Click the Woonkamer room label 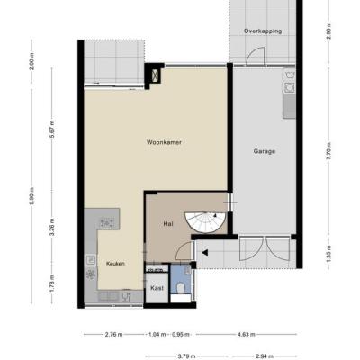164,142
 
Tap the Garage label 265,151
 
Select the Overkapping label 263,31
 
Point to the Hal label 168,223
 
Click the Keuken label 115,264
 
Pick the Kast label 157,288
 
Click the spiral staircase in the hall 205,222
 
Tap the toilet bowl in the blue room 181,289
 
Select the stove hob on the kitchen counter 107,223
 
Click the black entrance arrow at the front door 205,253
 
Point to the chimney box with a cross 156,76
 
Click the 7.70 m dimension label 329,151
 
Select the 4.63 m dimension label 246,335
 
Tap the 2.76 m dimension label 113,335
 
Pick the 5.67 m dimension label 52,129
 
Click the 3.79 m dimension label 186,356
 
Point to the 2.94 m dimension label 264,356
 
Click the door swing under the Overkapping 256,56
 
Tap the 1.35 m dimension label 329,254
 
